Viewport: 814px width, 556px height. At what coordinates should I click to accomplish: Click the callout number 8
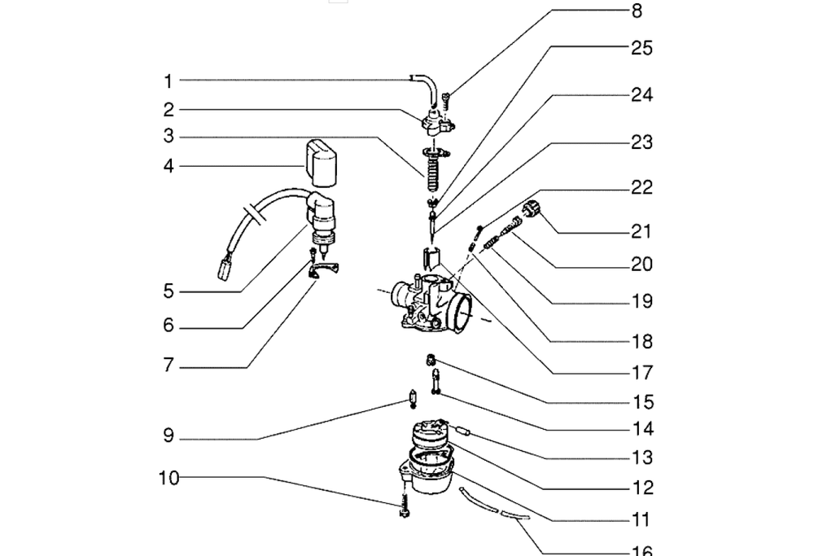point(637,11)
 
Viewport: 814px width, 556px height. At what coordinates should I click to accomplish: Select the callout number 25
point(641,48)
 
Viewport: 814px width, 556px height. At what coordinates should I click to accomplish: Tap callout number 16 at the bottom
point(641,550)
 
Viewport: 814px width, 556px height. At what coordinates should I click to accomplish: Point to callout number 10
point(168,478)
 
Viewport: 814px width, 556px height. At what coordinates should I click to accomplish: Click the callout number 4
point(168,166)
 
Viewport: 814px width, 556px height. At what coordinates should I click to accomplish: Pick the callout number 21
point(641,231)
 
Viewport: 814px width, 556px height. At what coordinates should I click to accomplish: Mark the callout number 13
point(641,457)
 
